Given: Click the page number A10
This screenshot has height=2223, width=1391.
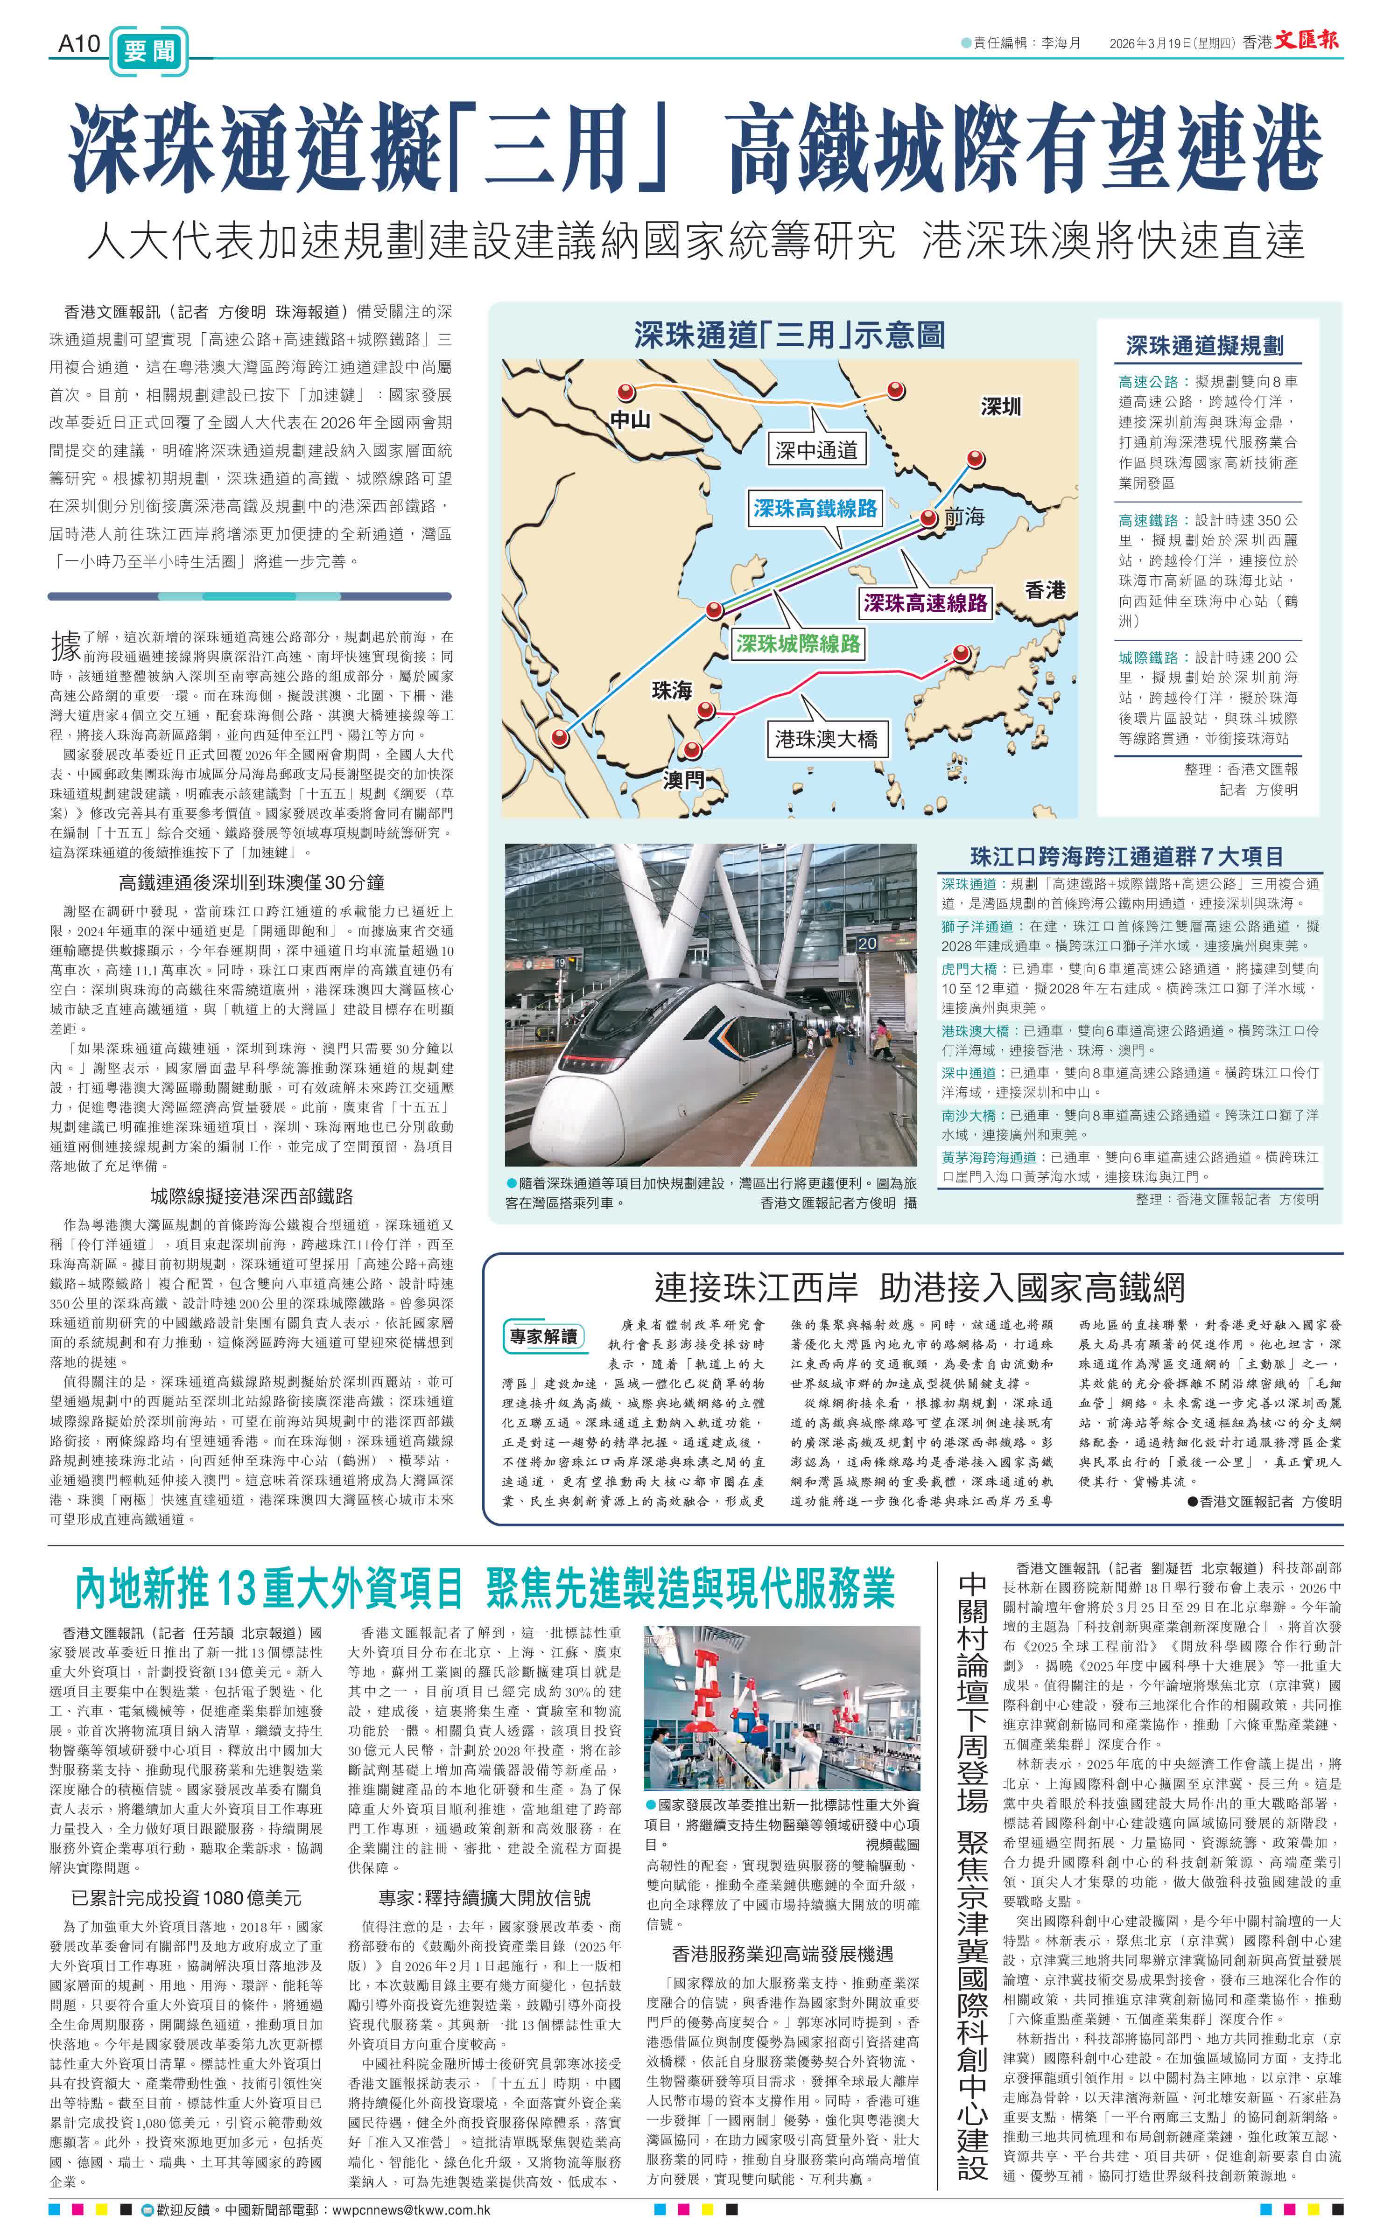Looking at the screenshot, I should (x=78, y=43).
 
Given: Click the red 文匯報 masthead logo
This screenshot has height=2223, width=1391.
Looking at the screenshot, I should (x=1307, y=41).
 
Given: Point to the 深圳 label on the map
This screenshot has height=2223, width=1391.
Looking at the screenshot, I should (x=1001, y=405).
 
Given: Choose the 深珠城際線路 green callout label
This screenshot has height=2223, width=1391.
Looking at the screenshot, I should (x=799, y=643).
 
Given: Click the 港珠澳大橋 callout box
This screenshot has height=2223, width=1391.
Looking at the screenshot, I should (x=826, y=739).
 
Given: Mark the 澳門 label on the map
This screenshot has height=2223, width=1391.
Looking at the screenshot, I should (x=683, y=780).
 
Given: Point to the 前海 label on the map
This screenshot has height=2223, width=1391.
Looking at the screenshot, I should (x=964, y=518).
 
